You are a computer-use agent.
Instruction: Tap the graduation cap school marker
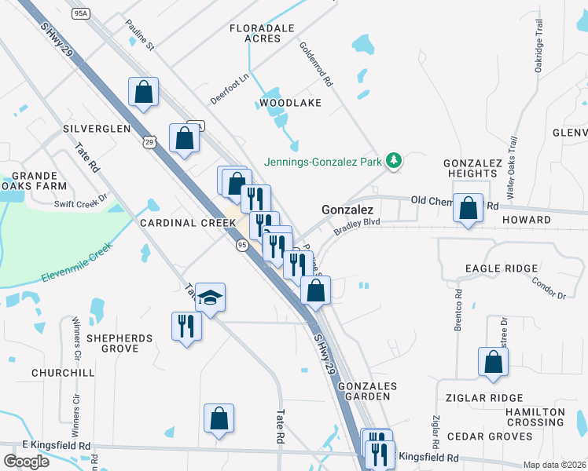210,298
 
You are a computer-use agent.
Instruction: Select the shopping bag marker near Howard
469,209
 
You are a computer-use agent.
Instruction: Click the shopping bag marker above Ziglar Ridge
493,363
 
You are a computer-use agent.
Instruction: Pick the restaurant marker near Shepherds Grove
186,326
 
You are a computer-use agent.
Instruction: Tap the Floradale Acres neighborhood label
262,33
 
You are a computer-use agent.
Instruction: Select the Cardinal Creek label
188,223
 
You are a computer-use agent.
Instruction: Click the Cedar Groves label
490,436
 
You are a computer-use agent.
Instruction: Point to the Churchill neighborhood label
63,372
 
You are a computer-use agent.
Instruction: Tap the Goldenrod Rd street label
316,64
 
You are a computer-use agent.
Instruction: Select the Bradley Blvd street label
356,227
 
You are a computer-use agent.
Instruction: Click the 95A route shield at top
81,13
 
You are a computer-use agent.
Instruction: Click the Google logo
27,462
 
